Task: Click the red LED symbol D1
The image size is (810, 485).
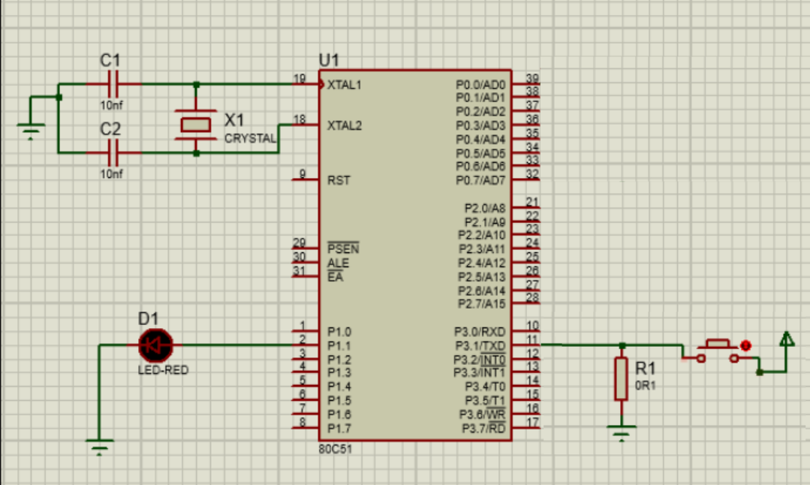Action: coord(156,345)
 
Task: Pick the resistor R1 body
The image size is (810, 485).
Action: coord(621,378)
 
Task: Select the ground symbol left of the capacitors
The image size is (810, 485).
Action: coord(30,132)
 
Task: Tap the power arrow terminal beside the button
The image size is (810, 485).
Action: coord(786,341)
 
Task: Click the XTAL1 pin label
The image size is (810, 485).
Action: coord(345,85)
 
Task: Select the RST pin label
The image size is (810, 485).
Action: coord(338,181)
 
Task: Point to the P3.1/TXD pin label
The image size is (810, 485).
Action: coord(480,345)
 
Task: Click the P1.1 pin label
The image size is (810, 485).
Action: coord(339,345)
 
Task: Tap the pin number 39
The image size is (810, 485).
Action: coord(532,78)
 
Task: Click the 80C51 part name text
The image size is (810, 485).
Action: coord(334,448)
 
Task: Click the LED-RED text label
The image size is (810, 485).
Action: coord(163,370)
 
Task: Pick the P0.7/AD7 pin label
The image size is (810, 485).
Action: coord(480,180)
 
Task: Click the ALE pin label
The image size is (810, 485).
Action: coord(338,264)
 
